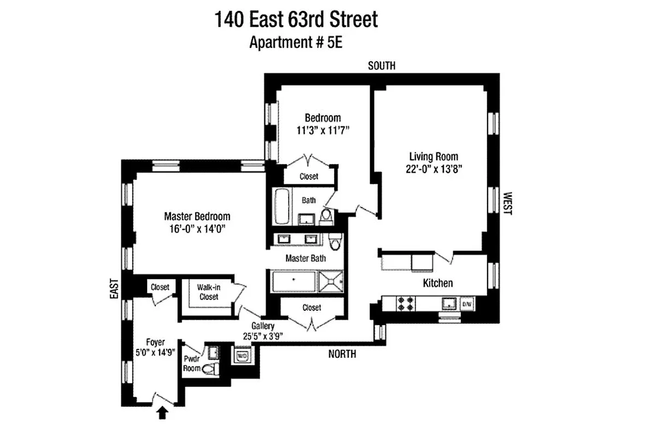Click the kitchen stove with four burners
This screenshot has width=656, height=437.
[x=406, y=304]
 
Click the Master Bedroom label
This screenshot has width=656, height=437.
[x=197, y=216]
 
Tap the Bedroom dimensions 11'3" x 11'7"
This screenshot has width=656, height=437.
[x=323, y=130]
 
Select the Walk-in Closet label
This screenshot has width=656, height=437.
[x=208, y=292]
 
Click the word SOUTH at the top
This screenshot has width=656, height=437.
[x=382, y=66]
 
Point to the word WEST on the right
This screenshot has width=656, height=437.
[x=507, y=203]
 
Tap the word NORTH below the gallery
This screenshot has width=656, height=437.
[x=342, y=354]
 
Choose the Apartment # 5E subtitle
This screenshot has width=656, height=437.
[x=296, y=43]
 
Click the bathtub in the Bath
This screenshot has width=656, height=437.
[x=281, y=206]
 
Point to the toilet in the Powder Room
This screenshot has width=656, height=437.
[x=211, y=370]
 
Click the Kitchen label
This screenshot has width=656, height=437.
[x=438, y=283]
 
